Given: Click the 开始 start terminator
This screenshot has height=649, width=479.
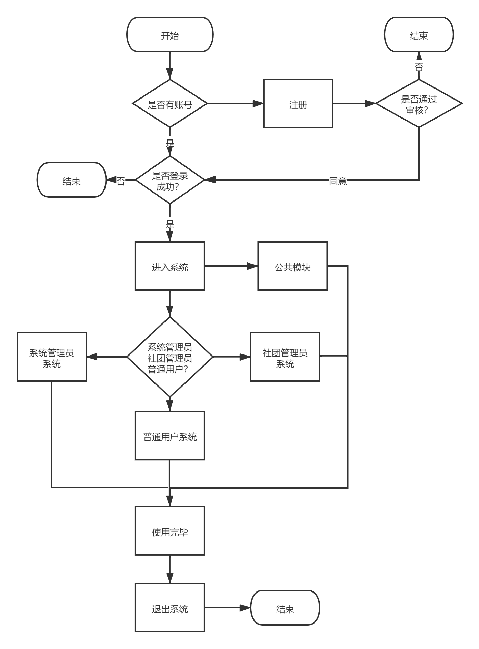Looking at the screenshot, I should click(x=170, y=35).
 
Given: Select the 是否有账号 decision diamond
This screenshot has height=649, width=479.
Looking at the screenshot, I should click(x=170, y=104).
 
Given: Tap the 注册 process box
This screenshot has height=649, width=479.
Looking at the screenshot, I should click(x=298, y=103).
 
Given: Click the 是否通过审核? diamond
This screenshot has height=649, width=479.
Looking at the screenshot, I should click(x=419, y=104).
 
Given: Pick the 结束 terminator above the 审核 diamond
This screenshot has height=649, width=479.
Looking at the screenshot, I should click(x=419, y=35).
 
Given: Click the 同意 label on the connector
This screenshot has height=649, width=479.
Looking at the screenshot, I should click(x=338, y=180).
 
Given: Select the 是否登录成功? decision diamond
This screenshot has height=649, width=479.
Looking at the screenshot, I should click(x=170, y=180).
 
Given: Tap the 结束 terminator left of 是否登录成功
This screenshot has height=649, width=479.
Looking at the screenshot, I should click(x=71, y=180).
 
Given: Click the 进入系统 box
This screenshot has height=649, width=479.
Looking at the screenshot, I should click(x=170, y=266).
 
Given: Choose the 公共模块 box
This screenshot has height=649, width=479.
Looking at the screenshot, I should click(x=292, y=266).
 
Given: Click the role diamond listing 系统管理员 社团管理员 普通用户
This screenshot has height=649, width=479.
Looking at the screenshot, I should click(x=170, y=357).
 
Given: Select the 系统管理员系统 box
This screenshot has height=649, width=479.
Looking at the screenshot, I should click(x=52, y=357).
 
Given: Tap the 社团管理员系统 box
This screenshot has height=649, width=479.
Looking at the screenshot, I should click(x=285, y=357).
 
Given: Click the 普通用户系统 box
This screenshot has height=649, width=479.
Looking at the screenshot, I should click(x=170, y=436).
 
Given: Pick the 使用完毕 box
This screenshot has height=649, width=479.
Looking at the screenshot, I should click(x=170, y=531).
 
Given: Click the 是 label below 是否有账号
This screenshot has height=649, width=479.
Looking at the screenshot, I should click(x=170, y=142).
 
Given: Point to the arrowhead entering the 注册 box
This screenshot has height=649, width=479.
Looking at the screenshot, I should click(x=258, y=103).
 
